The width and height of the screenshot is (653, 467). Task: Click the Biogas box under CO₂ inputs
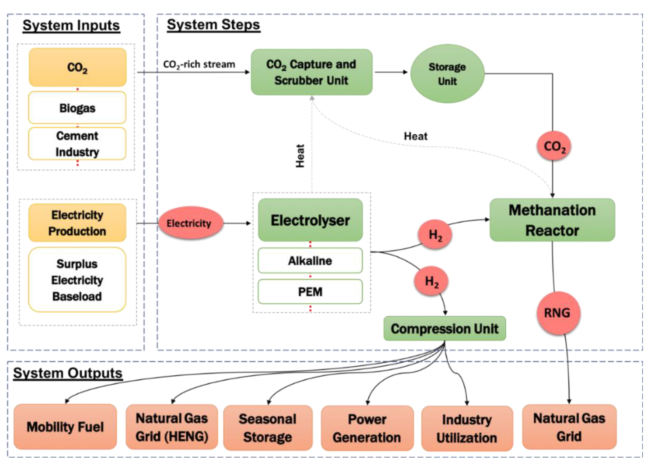[77, 108]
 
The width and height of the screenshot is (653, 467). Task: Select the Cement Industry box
[77, 144]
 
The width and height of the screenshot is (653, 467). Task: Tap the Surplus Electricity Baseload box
[77, 280]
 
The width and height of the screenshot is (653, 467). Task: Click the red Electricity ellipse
[190, 223]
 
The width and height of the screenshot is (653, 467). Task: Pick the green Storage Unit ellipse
[447, 74]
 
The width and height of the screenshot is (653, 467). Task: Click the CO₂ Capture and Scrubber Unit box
[311, 72]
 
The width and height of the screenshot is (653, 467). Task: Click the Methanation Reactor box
[552, 220]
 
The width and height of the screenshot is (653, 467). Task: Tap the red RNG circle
[557, 313]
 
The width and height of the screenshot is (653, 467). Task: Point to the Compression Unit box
[444, 329]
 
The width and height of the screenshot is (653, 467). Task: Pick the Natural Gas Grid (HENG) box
[172, 427]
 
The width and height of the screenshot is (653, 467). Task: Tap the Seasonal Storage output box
[268, 428]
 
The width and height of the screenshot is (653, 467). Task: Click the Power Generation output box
[367, 428]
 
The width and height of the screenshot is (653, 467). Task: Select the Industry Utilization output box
[467, 428]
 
